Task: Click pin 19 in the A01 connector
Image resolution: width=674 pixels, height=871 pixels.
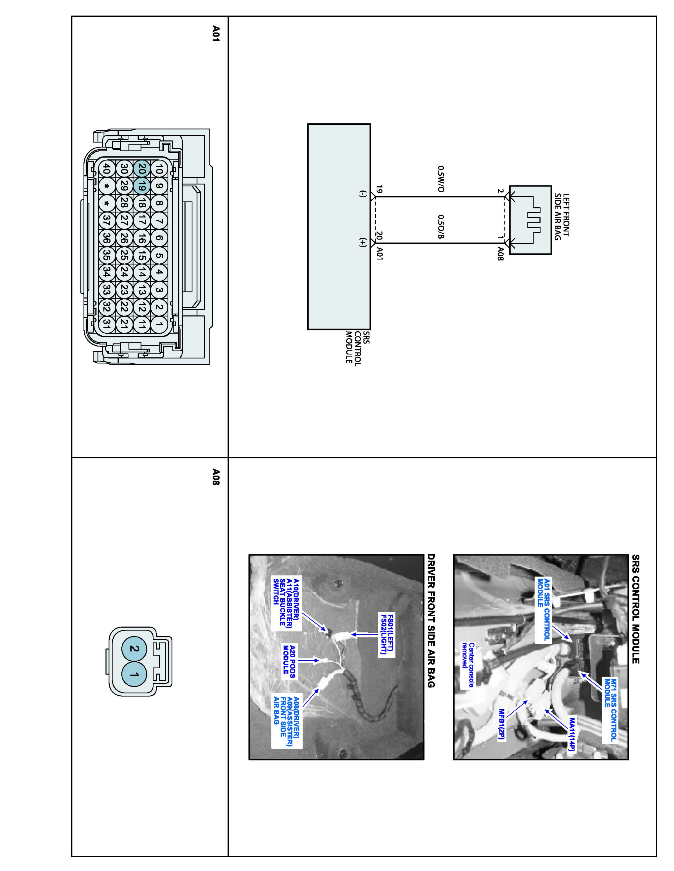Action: click(x=141, y=186)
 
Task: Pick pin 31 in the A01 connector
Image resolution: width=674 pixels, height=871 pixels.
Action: click(x=106, y=323)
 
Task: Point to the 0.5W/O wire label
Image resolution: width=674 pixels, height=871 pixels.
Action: click(x=441, y=179)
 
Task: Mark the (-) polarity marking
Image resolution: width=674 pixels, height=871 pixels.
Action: click(x=363, y=195)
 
